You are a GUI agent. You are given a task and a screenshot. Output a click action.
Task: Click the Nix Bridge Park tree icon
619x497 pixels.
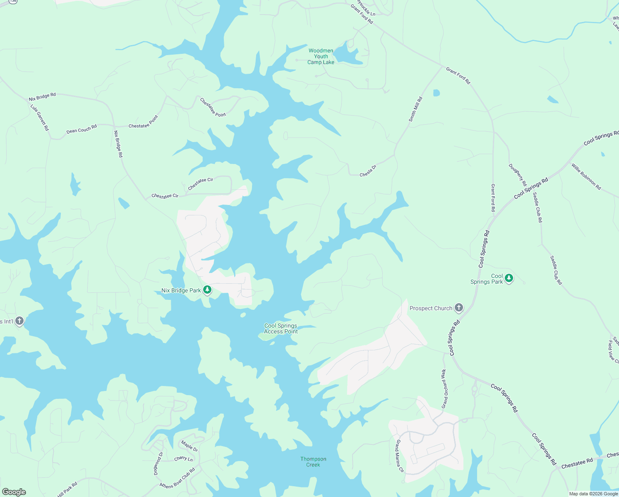(207, 290)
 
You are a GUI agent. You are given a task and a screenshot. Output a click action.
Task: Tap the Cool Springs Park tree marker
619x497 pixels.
(509, 278)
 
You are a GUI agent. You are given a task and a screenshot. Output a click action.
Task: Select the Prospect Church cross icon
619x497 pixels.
(458, 308)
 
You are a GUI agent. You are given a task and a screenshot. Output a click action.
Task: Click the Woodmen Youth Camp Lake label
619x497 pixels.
(321, 57)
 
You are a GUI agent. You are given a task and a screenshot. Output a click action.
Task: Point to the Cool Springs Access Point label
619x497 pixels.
(281, 328)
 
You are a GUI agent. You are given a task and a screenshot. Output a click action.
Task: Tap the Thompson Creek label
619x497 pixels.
(313, 462)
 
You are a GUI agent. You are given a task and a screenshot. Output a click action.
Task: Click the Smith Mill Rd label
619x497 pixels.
(415, 109)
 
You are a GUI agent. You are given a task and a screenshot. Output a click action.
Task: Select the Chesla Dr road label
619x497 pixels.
(368, 171)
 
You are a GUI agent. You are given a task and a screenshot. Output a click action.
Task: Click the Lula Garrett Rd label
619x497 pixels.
(40, 117)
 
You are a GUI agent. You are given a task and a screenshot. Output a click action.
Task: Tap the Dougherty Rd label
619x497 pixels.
(518, 175)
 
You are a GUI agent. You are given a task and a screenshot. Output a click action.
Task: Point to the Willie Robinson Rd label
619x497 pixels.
(586, 176)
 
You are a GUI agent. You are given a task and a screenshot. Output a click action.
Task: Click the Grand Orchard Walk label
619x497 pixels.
(444, 388)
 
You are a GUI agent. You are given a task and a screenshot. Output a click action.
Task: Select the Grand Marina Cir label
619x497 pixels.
(399, 456)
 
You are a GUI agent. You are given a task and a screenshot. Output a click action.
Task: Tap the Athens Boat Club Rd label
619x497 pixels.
(177, 479)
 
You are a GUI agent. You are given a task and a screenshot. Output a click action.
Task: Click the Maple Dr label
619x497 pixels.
(190, 446)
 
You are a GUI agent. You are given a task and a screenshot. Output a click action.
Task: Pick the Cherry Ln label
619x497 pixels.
(183, 459)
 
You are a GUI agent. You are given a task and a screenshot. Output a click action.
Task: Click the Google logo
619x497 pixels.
(14, 492)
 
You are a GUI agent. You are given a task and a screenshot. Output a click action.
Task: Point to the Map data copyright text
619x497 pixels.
(593, 494)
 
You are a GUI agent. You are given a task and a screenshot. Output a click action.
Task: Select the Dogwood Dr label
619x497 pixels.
(158, 463)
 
